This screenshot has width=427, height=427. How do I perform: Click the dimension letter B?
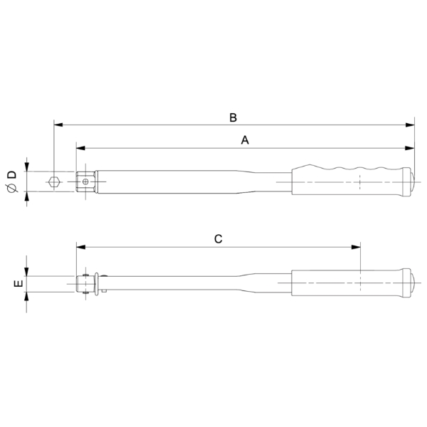pos(233,117)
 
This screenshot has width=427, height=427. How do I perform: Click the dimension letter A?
pos(245,140)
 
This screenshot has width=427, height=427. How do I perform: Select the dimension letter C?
pos(218,239)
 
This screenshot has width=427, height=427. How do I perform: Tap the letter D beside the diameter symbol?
pos(12,175)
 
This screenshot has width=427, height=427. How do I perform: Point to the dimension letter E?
pos(19,283)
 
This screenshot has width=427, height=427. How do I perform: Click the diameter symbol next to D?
pos(12,188)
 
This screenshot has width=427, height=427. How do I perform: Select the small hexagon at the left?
pos(54,182)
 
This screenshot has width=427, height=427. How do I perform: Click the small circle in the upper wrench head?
pos(85,181)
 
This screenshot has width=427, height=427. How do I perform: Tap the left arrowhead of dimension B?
pos(58,125)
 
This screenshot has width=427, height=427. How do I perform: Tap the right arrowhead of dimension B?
pos(410,125)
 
